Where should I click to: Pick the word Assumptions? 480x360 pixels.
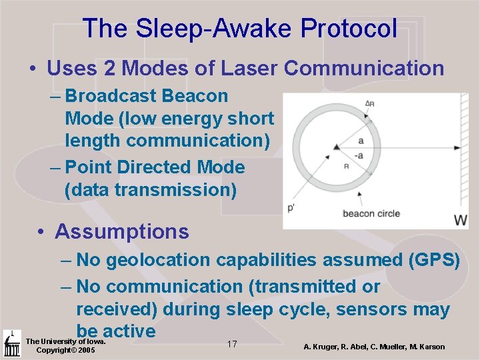pyautogui.click(x=122, y=231)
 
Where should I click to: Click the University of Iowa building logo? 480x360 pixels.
pyautogui.click(x=11, y=343)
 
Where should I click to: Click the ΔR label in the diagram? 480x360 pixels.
pyautogui.click(x=369, y=103)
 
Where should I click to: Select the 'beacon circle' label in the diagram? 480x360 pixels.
pyautogui.click(x=371, y=213)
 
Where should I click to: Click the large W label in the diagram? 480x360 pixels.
pyautogui.click(x=460, y=220)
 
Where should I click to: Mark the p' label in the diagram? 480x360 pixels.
pyautogui.click(x=291, y=209)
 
